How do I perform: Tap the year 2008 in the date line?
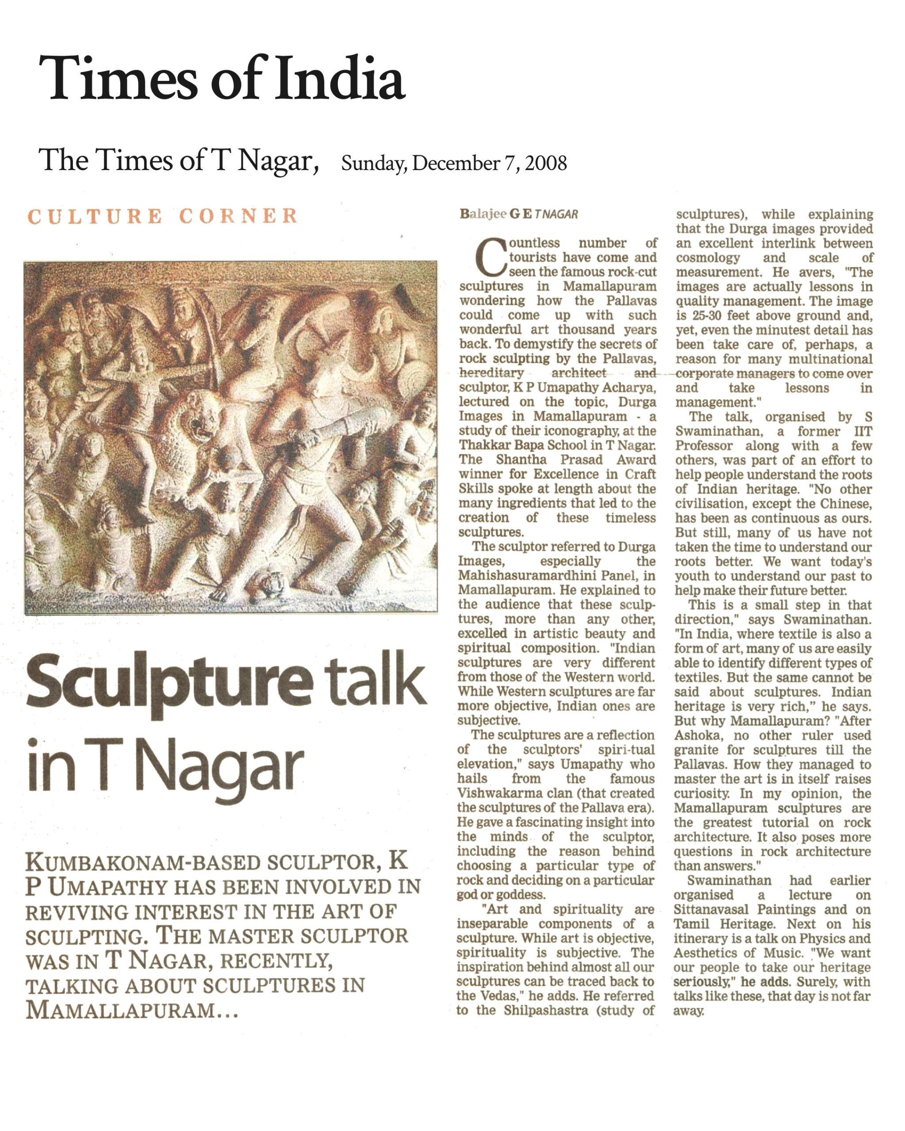pyautogui.click(x=546, y=163)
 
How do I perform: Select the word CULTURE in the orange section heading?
pyautogui.click(x=95, y=216)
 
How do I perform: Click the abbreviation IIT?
pyautogui.click(x=863, y=431)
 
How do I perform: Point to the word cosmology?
pyautogui.click(x=708, y=258)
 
